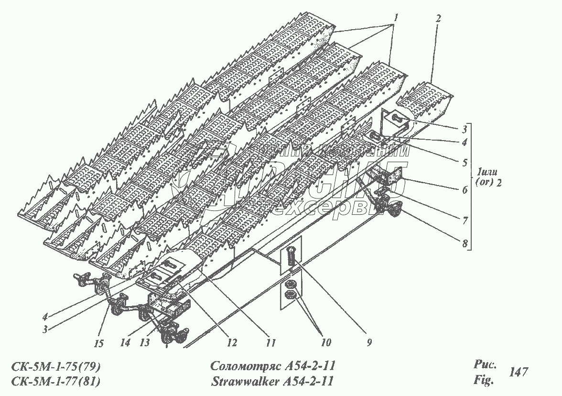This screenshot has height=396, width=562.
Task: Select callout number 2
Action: pos(439,19)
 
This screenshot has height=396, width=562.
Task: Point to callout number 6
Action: pos(465,189)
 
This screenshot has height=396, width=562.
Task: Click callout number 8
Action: pos(465,242)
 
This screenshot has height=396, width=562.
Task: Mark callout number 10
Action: pos(325,342)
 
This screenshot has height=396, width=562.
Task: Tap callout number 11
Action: pos(270,342)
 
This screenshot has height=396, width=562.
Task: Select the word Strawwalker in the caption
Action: pos(241,381)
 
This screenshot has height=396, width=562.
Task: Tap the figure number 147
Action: pos(519,372)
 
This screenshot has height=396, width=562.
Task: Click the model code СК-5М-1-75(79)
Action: pos(56,367)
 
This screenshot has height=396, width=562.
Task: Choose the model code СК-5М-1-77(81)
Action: pos(56,381)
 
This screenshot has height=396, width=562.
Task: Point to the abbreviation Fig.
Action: pos(483,381)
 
